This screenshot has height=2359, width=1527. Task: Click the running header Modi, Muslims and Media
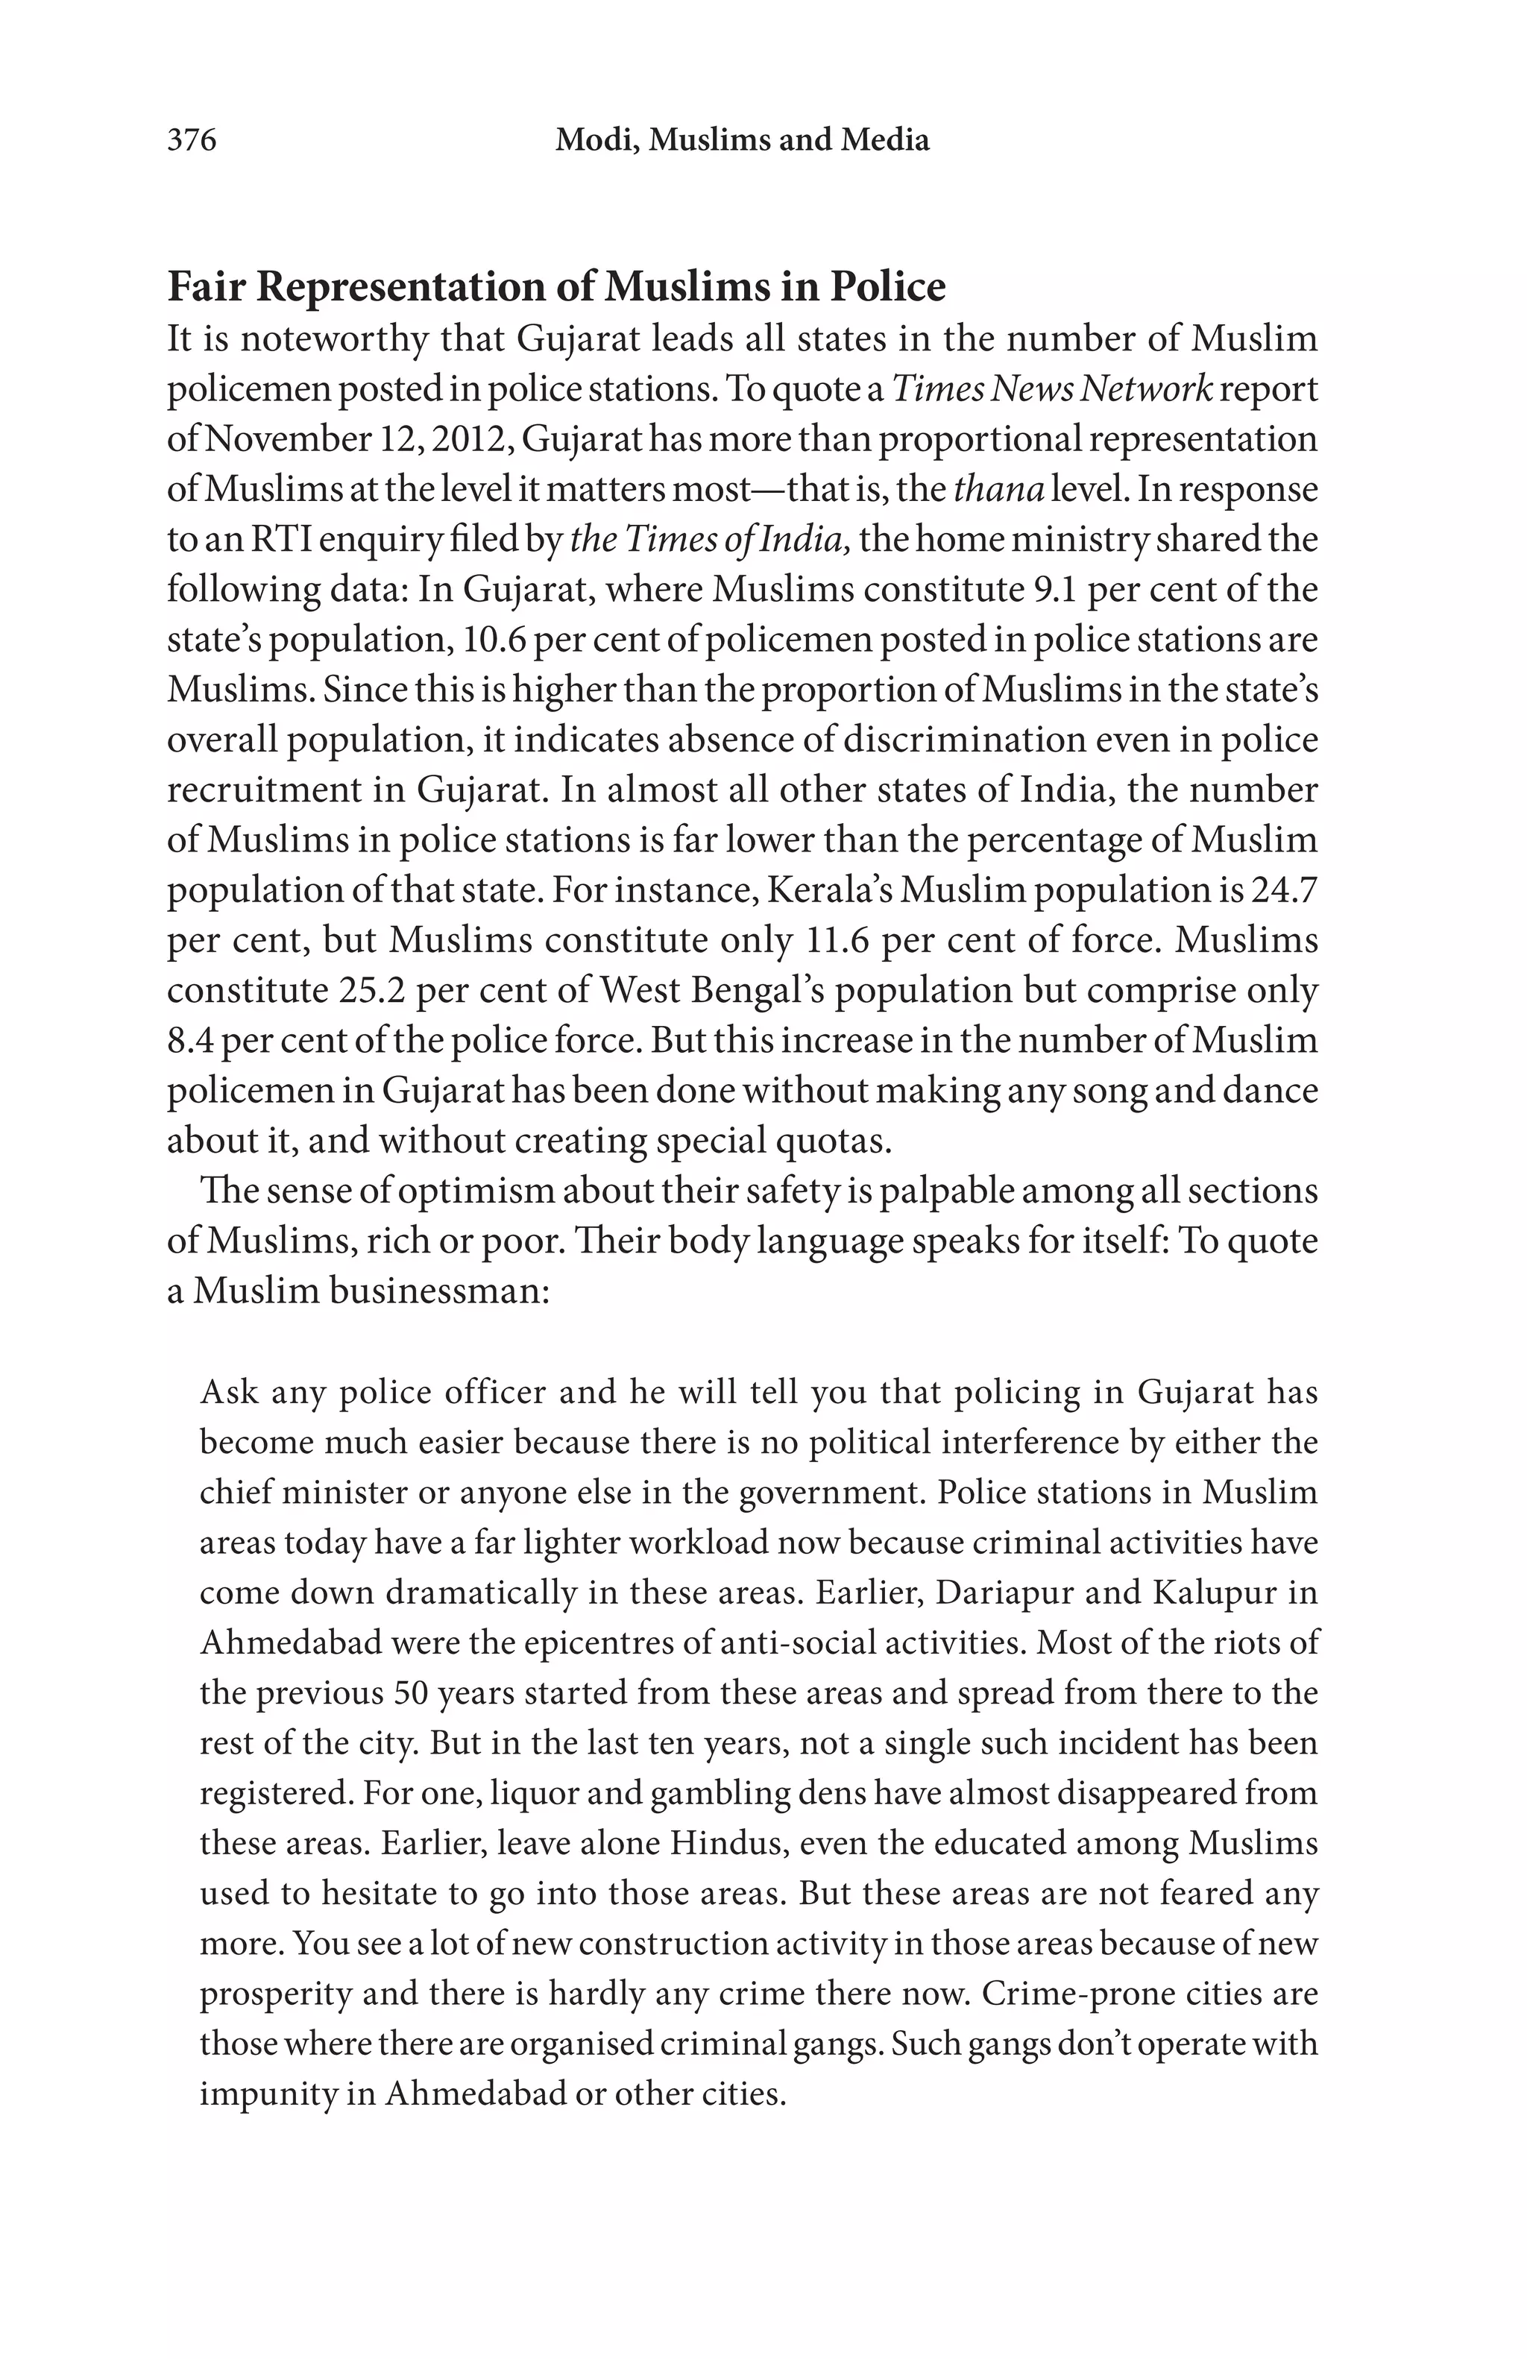[x=742, y=139]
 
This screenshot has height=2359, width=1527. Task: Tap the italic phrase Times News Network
[x=1051, y=389]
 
